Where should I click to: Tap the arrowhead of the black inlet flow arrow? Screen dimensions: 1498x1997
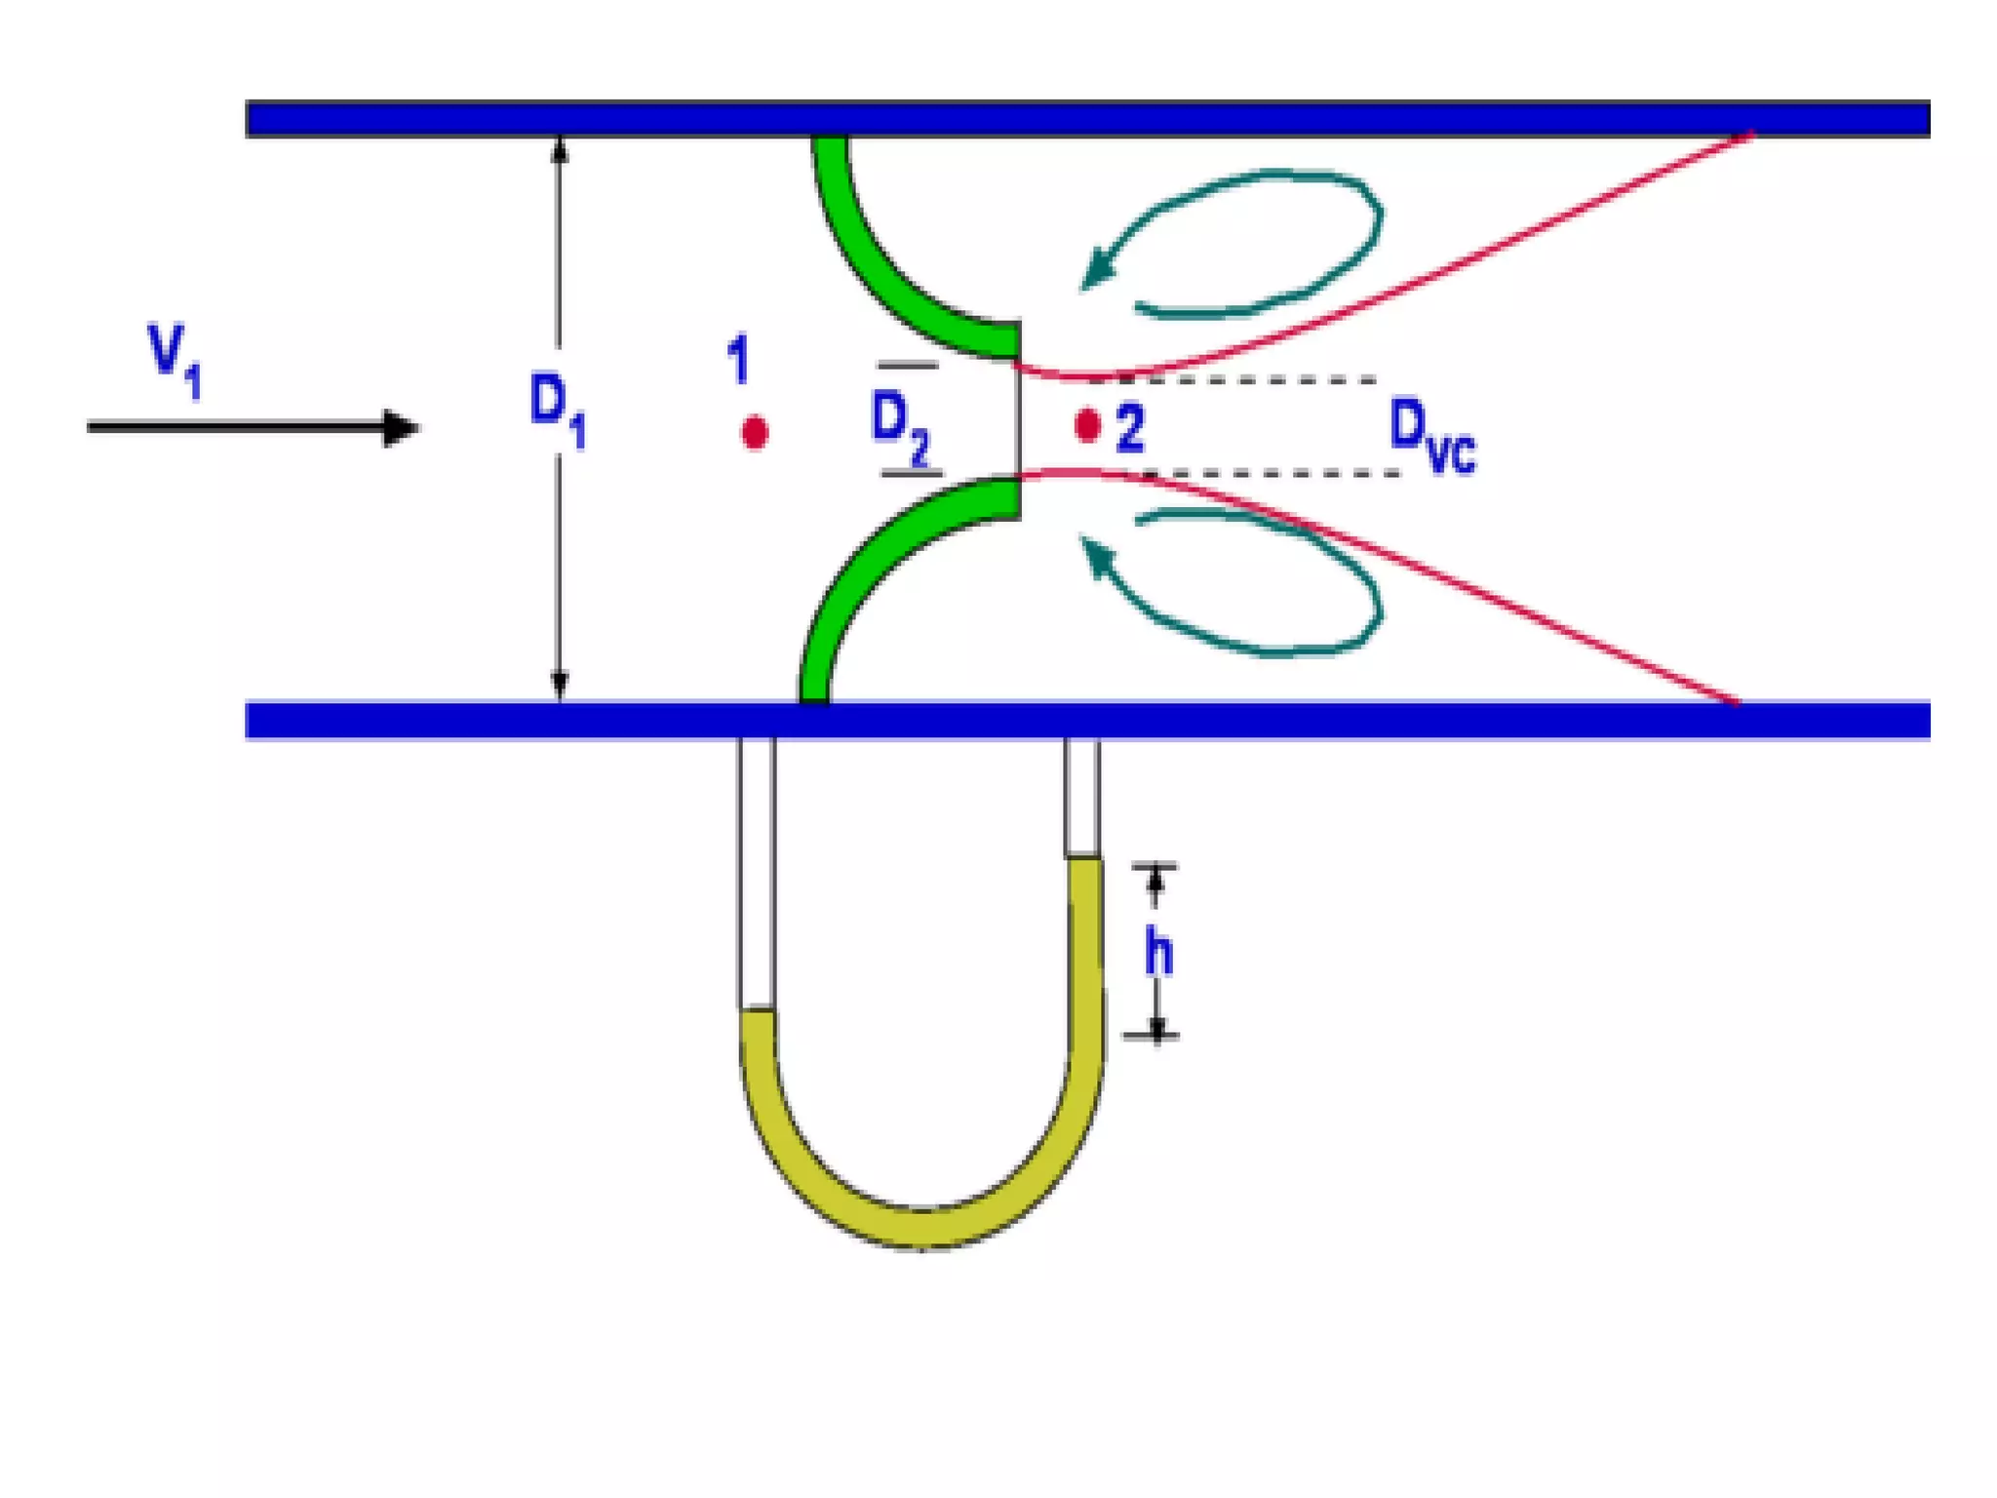click(400, 427)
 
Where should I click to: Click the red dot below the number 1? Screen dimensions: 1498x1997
click(754, 432)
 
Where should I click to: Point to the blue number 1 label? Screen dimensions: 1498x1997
click(738, 360)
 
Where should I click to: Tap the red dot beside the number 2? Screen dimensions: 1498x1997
click(1087, 425)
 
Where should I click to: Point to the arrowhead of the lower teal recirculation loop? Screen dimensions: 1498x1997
click(1098, 556)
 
